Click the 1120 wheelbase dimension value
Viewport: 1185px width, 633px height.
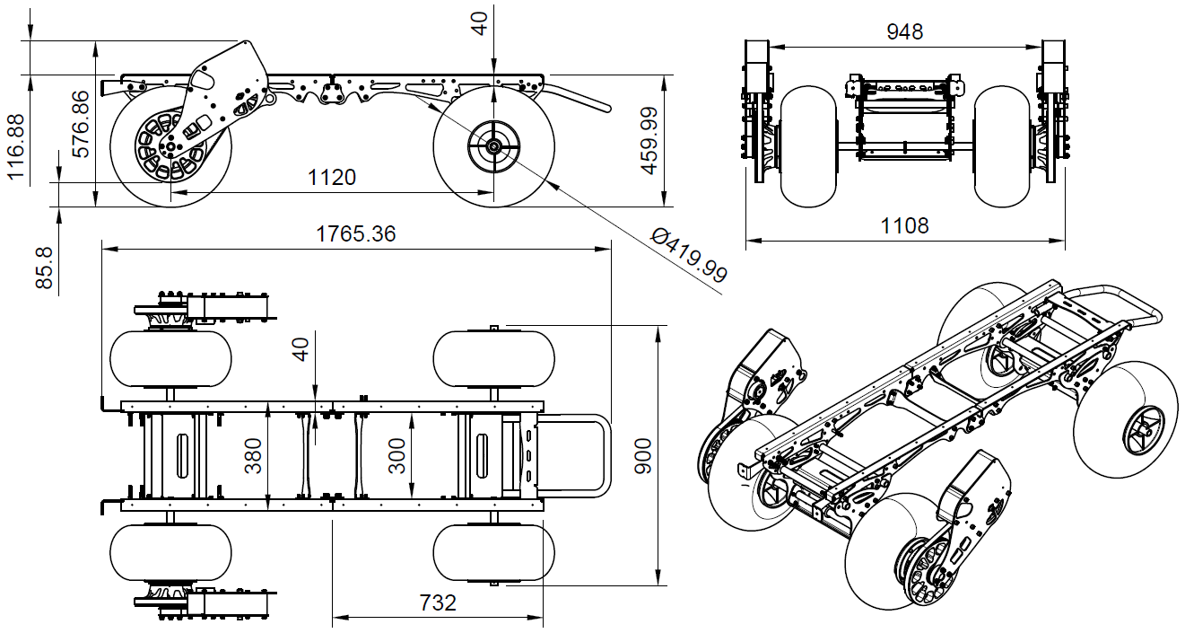[x=331, y=177]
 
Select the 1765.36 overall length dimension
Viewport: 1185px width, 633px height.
[x=355, y=234]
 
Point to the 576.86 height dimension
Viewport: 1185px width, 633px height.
[x=82, y=124]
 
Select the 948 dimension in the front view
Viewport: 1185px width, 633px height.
[x=904, y=31]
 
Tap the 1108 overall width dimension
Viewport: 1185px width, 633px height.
[x=904, y=225]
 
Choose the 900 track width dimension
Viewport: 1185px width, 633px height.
[x=642, y=456]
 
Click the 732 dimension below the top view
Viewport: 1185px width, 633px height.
[x=437, y=602]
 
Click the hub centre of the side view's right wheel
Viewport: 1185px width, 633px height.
[x=492, y=146]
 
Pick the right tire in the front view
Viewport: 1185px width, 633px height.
[x=1001, y=145]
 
